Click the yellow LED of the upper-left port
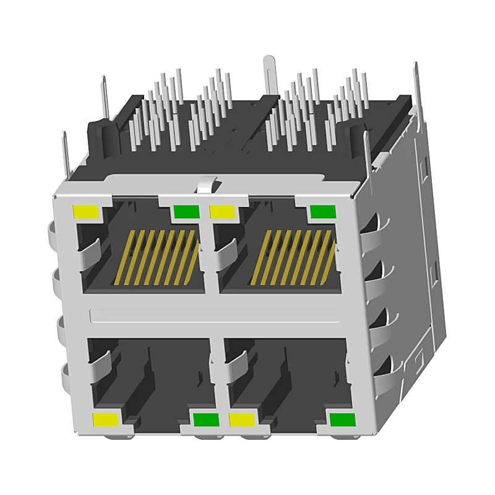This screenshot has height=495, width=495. [86, 212]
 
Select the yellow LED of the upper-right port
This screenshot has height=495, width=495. [223, 212]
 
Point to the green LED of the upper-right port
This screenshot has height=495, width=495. [322, 212]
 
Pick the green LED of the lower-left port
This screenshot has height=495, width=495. [206, 421]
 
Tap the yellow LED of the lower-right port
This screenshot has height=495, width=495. [243, 421]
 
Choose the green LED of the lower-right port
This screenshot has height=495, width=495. [342, 421]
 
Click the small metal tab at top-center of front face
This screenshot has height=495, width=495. [207, 183]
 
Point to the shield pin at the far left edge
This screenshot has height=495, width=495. [64, 155]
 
